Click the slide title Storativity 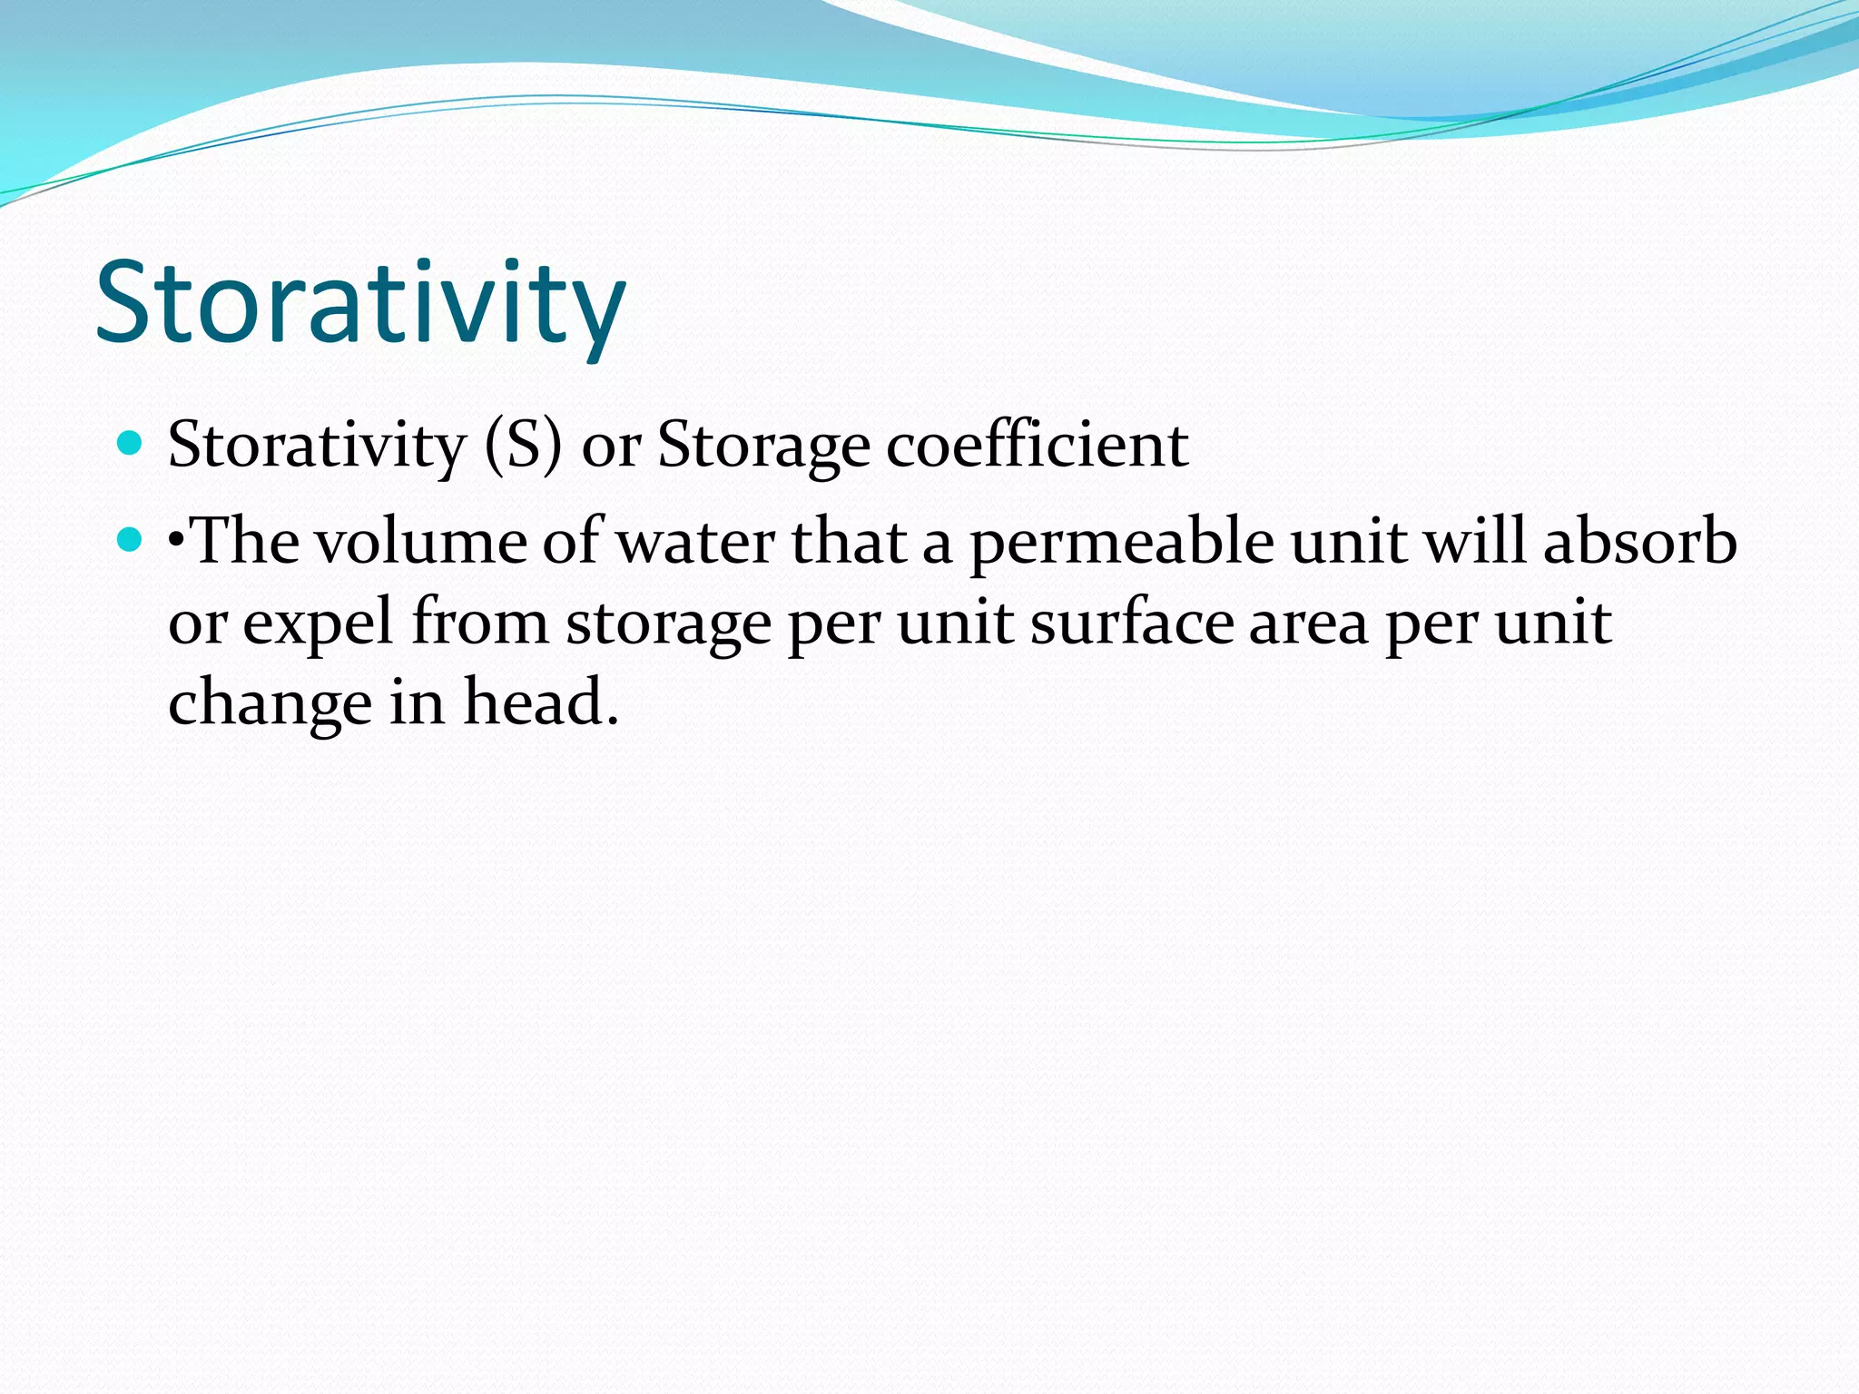(x=360, y=304)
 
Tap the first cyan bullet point (x=131, y=444)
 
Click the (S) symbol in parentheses (x=523, y=446)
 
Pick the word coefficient (x=1037, y=446)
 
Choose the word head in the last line (x=541, y=702)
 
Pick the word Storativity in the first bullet (x=316, y=446)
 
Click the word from (x=480, y=623)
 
